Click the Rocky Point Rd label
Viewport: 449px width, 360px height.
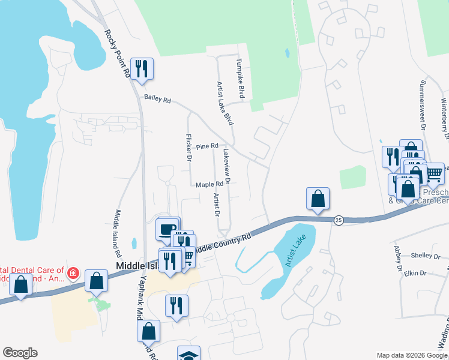tap(118, 53)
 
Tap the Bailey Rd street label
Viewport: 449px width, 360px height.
tap(157, 100)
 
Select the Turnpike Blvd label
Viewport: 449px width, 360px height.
tap(241, 78)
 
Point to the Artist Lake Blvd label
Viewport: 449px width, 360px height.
tap(224, 103)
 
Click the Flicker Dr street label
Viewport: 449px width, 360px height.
tap(188, 148)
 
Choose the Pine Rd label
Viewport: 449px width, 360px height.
tap(206, 146)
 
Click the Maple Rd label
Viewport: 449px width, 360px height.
tap(209, 185)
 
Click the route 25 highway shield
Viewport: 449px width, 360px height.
tap(338, 220)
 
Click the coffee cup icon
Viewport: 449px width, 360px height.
tap(169, 228)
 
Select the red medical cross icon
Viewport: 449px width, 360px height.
tap(73, 274)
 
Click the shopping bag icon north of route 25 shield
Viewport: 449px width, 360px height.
tap(318, 199)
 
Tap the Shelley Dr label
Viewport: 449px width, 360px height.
tap(426, 256)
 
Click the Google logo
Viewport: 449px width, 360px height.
tap(20, 353)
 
